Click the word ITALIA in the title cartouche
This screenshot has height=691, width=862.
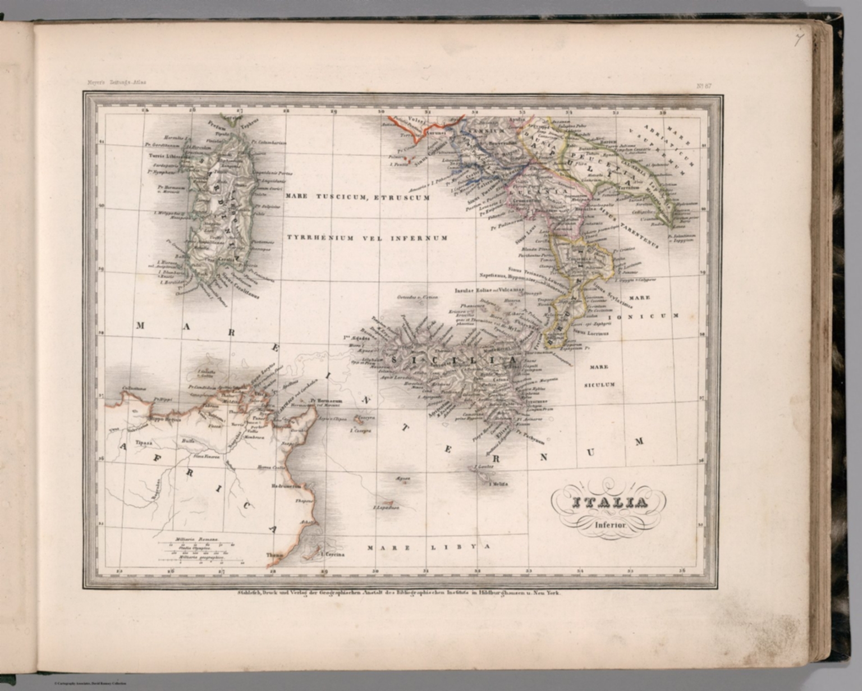tap(609, 503)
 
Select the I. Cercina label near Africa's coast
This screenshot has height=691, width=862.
tap(332, 555)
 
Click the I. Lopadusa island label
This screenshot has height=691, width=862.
tap(386, 507)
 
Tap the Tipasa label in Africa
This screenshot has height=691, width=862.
tap(144, 443)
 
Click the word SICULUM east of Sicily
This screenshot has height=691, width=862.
tap(600, 385)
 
